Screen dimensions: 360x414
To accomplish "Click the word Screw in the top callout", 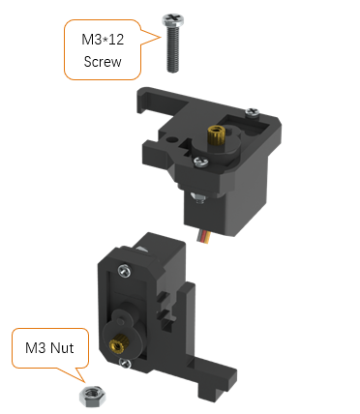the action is point(103,62).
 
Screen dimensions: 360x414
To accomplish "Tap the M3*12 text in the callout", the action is point(103,40).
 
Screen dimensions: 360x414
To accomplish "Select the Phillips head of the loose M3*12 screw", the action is point(173,19).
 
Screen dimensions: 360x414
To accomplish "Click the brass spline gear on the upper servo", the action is point(216,135).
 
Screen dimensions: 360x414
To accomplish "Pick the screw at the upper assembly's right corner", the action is point(253,112).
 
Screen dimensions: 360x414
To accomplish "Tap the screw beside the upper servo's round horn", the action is point(201,162).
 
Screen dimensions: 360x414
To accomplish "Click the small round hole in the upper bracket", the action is point(172,140).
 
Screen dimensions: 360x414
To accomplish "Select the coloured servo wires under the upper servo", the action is point(204,237).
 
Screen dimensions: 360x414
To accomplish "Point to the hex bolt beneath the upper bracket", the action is point(198,197).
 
